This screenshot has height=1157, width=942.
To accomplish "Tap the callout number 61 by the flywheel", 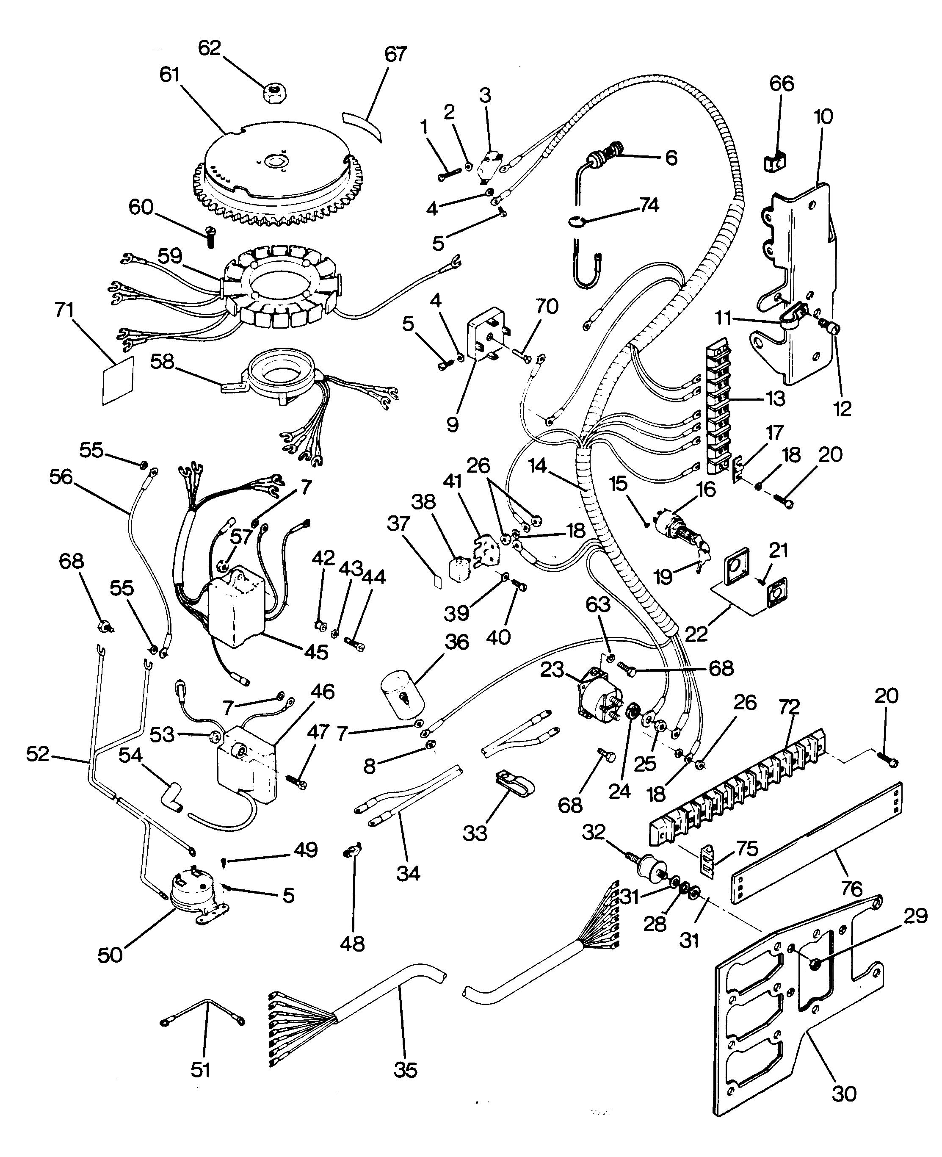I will [x=169, y=75].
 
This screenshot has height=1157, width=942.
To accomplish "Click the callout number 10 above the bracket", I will [x=823, y=117].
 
